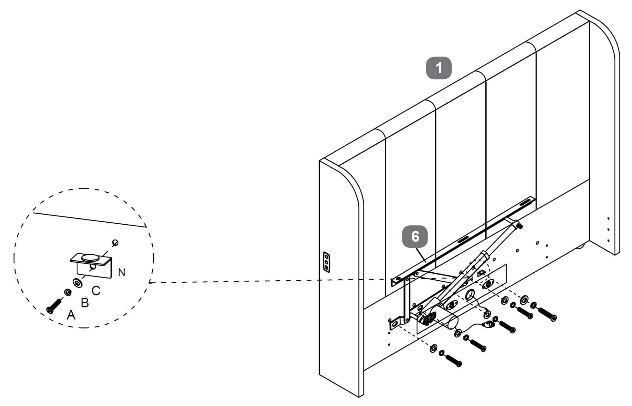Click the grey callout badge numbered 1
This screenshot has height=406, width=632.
pyautogui.click(x=439, y=68)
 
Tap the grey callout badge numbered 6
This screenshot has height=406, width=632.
pyautogui.click(x=415, y=236)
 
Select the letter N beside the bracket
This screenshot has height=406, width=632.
pyautogui.click(x=122, y=272)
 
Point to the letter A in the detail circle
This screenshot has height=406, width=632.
pyautogui.click(x=71, y=315)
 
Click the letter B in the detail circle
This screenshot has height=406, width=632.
pyautogui.click(x=85, y=303)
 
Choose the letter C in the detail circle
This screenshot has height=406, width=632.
pyautogui.click(x=96, y=291)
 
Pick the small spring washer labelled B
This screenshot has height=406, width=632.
pyautogui.click(x=67, y=292)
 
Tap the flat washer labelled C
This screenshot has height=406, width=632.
pyautogui.click(x=77, y=282)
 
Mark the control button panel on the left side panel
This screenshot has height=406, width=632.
pyautogui.click(x=326, y=261)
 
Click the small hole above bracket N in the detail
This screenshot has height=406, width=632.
pyautogui.click(x=116, y=243)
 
